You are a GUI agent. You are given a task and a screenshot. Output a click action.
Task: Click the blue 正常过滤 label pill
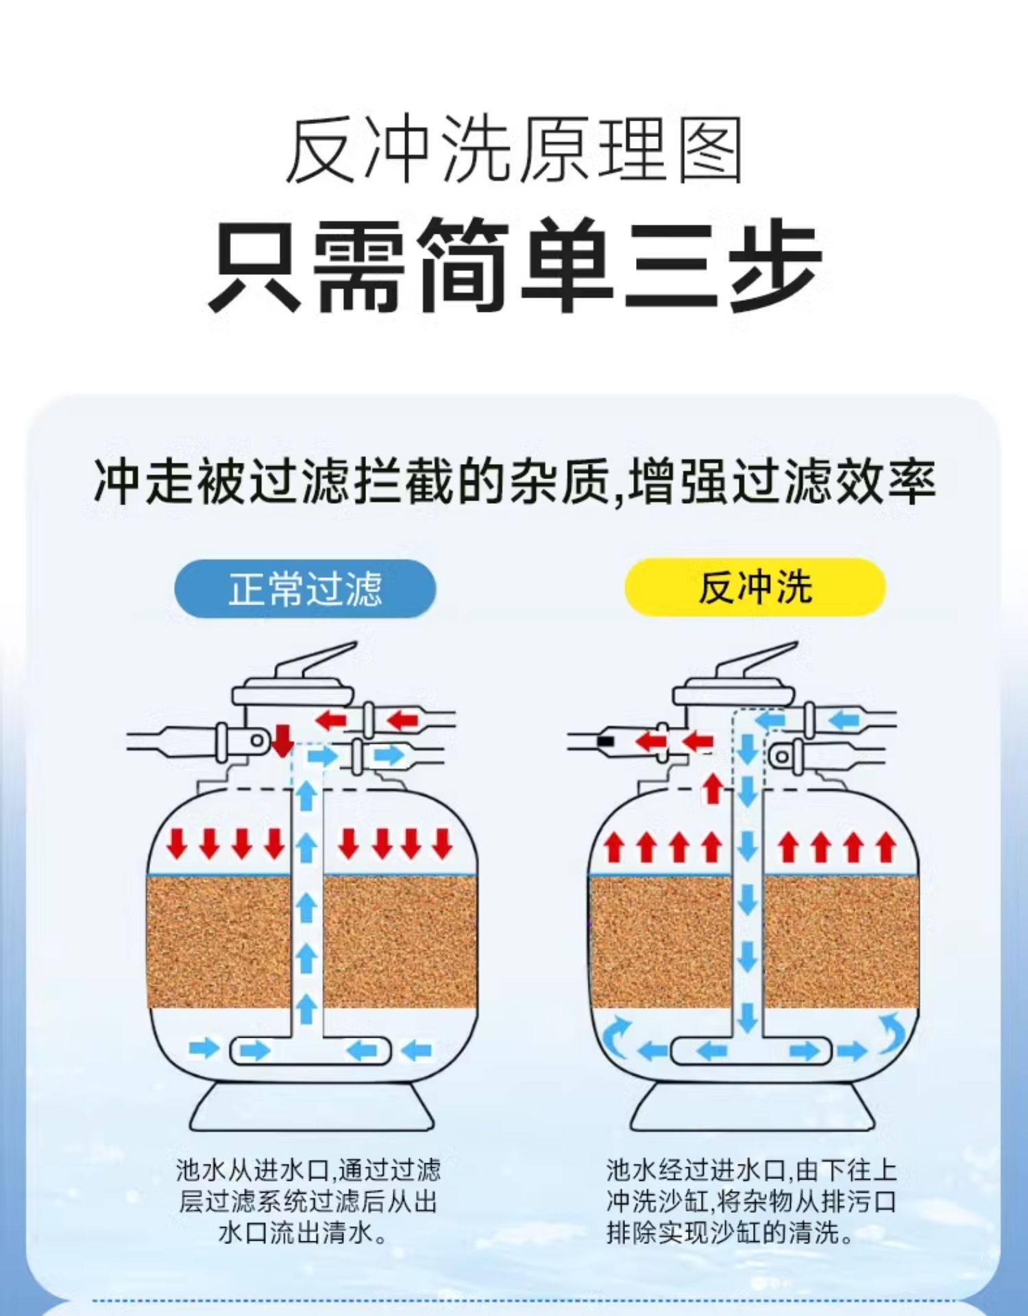point(305,589)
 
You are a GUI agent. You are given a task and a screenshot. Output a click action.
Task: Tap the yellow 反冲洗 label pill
point(755,587)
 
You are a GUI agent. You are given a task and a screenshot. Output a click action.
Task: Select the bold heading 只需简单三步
point(514,266)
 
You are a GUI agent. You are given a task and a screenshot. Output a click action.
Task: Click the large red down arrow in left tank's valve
point(282,740)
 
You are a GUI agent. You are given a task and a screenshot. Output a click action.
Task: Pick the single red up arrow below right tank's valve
point(713,788)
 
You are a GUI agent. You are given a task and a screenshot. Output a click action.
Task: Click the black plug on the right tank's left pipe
point(605,741)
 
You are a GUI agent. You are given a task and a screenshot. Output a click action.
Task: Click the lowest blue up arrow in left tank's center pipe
point(306,1009)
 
